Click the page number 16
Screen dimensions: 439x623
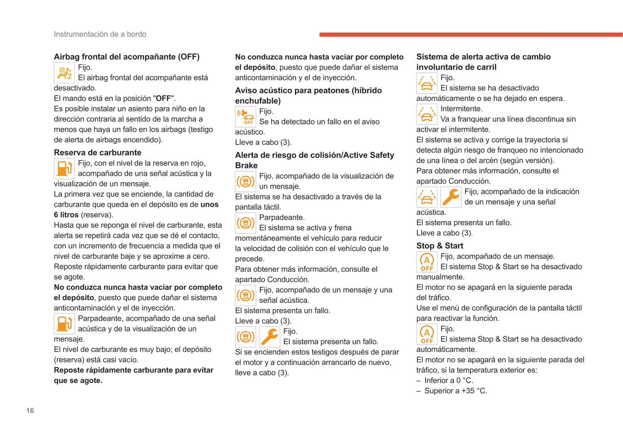(30, 411)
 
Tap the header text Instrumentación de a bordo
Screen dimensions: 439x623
(100, 34)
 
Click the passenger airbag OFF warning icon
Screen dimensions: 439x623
(64, 73)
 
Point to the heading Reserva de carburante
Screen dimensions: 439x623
(97, 153)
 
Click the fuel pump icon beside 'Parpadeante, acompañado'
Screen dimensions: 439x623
(64, 324)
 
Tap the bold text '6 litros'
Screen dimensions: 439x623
(66, 215)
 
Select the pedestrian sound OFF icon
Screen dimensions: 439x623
(245, 117)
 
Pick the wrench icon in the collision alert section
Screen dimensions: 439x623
(269, 336)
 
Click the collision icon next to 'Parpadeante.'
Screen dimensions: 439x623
(245, 223)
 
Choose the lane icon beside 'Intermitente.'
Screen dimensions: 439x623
(426, 114)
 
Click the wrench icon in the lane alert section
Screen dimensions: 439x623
(451, 197)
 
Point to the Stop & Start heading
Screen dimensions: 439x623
(440, 246)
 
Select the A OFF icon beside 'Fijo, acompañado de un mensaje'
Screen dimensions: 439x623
(426, 262)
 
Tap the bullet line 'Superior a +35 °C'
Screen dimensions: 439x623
(455, 391)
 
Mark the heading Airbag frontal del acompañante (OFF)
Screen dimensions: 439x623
(126, 56)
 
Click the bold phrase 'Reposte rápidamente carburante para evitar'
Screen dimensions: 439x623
(134, 370)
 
